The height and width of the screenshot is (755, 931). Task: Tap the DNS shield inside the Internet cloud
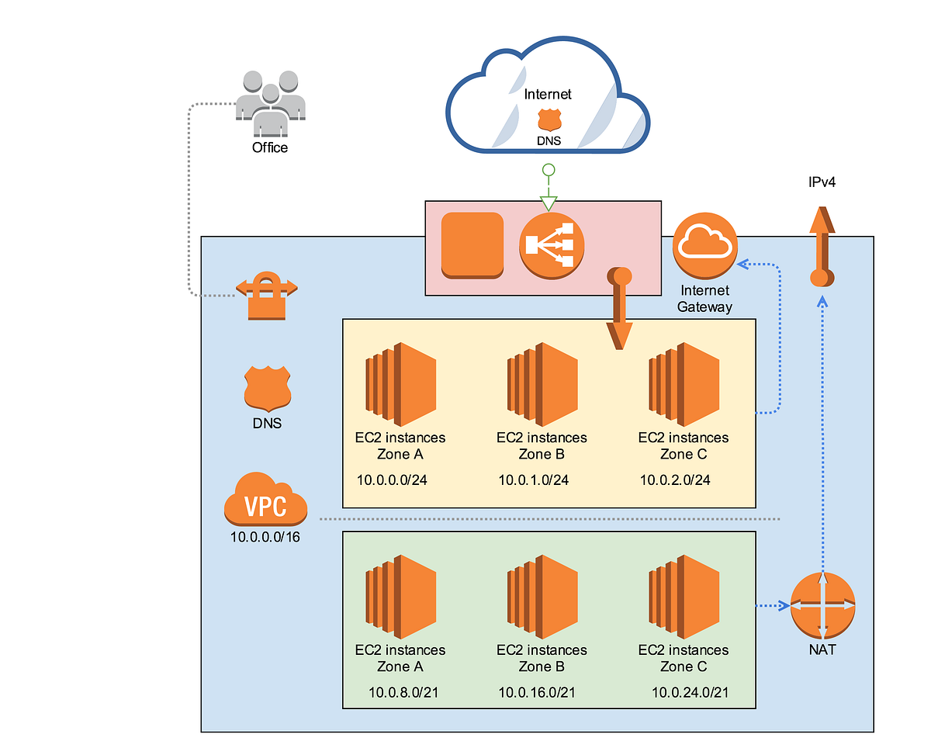coord(549,119)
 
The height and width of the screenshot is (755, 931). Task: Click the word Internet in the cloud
coord(548,94)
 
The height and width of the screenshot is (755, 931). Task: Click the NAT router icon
coord(822,605)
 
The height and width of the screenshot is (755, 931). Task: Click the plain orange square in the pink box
coord(472,244)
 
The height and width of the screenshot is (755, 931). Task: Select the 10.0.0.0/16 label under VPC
coord(265,536)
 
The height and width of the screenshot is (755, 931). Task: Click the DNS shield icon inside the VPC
coord(267,388)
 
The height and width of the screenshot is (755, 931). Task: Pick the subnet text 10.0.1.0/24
coord(534,480)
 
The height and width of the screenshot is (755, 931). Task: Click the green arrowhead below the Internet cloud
coord(549,204)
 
